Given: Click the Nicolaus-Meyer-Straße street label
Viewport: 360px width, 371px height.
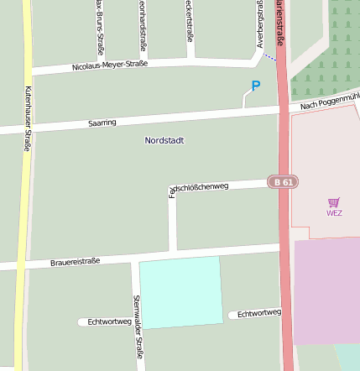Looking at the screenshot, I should pyautogui.click(x=110, y=65).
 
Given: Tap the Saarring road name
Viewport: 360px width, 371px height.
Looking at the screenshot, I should pyautogui.click(x=102, y=123).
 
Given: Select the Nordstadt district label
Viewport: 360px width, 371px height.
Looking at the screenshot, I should pyautogui.click(x=164, y=141).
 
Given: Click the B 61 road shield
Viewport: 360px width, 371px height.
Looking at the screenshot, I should pyautogui.click(x=283, y=181).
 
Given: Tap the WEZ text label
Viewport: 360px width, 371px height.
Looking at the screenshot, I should pyautogui.click(x=334, y=212).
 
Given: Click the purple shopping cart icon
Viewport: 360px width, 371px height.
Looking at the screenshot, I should pyautogui.click(x=334, y=201).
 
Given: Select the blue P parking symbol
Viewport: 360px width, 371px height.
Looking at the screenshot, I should pyautogui.click(x=256, y=86).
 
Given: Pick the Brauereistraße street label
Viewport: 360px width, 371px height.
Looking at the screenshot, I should pyautogui.click(x=75, y=262).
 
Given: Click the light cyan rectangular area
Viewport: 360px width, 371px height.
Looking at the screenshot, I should pyautogui.click(x=181, y=292).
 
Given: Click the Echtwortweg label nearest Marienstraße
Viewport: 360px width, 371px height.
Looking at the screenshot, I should pyautogui.click(x=258, y=314).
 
